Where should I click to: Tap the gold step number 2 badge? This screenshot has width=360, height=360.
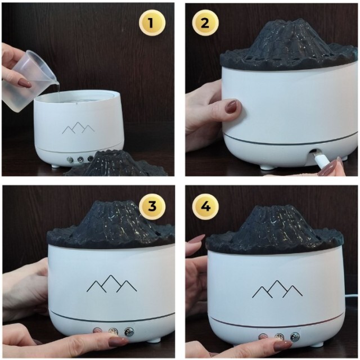pyautogui.click(x=205, y=23)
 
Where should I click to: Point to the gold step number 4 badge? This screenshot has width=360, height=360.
pyautogui.click(x=205, y=206)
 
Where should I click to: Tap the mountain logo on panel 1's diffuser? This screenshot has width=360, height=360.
pyautogui.click(x=78, y=128)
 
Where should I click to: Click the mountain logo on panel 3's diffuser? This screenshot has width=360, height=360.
pyautogui.click(x=112, y=283)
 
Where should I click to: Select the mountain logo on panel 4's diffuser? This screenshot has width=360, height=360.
pyautogui.click(x=277, y=289)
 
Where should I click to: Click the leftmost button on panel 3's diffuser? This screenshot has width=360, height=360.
pyautogui.click(x=97, y=331)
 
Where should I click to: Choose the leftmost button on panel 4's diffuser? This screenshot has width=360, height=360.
pyautogui.click(x=263, y=337)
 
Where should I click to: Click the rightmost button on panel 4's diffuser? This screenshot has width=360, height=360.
pyautogui.click(x=295, y=337)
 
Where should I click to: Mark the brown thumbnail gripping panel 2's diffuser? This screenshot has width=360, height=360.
pyautogui.click(x=232, y=106)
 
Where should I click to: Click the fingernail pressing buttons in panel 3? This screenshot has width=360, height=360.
pyautogui.click(x=119, y=343)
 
